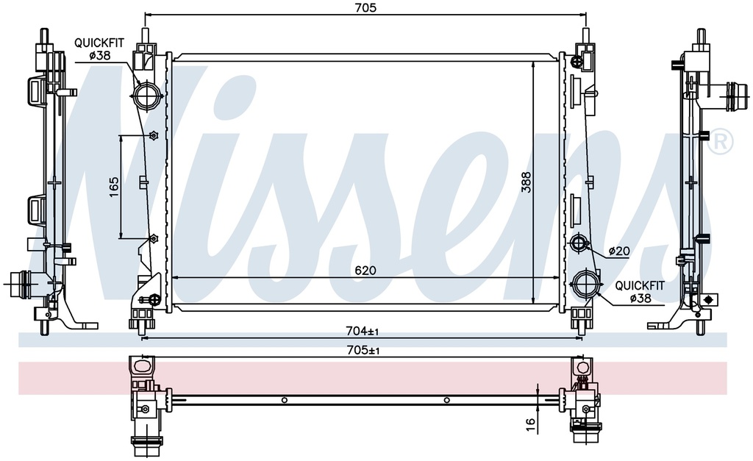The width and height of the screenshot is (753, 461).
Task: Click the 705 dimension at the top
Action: click(365, 7)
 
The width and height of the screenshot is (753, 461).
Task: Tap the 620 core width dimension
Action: click(365, 271)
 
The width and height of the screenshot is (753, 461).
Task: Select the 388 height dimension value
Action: click(527, 182)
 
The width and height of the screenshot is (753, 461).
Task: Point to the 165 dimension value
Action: click(114, 187)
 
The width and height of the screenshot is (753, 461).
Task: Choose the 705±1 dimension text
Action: click(363, 351)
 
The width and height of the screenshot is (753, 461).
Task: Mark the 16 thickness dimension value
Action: click(530, 424)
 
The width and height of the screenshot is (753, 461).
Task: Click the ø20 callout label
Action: click(619, 251)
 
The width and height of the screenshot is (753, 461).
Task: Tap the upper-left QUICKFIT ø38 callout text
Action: click(99, 49)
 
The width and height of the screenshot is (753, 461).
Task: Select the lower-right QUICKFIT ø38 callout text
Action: click(640, 292)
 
